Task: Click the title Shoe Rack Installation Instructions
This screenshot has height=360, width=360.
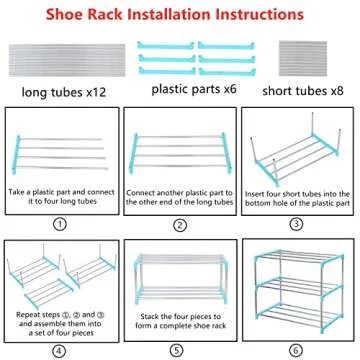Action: pos(180,16)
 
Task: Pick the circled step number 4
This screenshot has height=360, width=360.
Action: pos(61,350)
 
